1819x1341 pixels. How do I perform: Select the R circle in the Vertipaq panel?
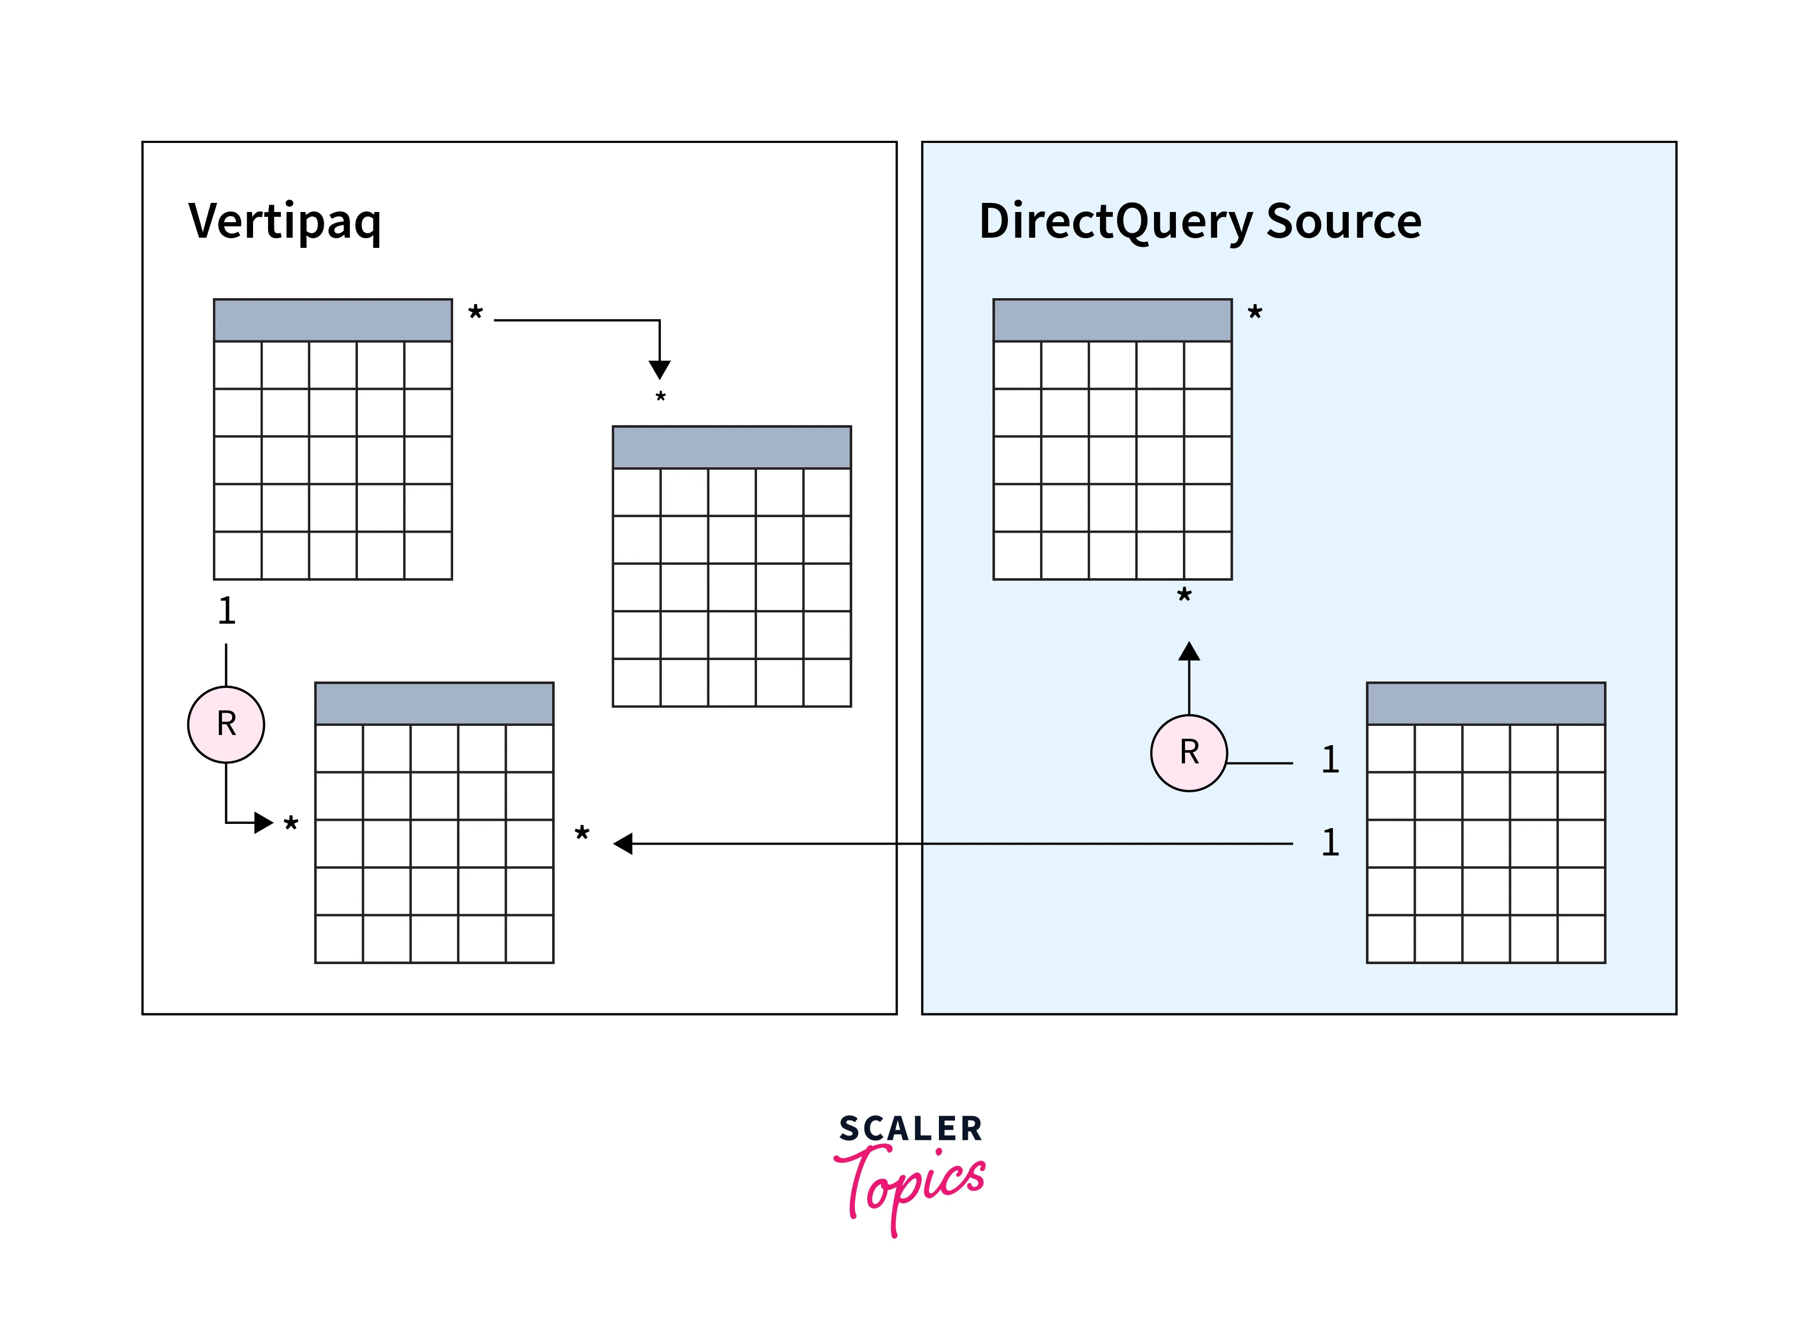(226, 724)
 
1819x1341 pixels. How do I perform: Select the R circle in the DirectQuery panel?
(1189, 753)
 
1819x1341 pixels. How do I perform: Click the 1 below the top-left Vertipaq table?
(226, 610)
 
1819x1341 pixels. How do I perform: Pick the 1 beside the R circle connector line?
(1330, 760)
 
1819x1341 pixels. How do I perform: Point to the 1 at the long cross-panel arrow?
(1330, 843)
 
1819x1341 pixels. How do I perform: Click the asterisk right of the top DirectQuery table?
(1255, 313)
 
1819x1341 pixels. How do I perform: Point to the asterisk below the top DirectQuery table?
(1184, 596)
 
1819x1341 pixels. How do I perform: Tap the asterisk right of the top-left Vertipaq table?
(476, 313)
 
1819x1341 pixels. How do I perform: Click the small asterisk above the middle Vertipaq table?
(660, 397)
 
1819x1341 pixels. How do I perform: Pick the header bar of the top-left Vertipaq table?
(333, 320)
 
